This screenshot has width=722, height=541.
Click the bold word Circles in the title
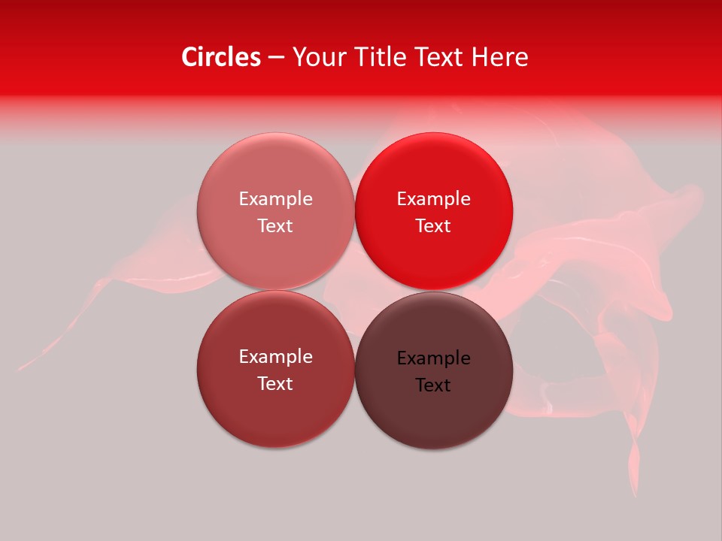221,57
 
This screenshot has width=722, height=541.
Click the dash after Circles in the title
276,57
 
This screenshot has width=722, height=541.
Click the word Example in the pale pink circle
275,199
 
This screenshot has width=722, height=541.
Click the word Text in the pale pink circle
275,226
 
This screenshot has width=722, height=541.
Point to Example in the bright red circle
433,199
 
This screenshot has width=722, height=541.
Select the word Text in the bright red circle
433,226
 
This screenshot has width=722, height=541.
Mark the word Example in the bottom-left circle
275,357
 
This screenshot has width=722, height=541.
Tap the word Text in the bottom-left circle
275,384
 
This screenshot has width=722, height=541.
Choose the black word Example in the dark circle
433,358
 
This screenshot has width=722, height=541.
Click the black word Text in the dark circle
433,385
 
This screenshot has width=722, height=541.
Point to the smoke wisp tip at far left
23,368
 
